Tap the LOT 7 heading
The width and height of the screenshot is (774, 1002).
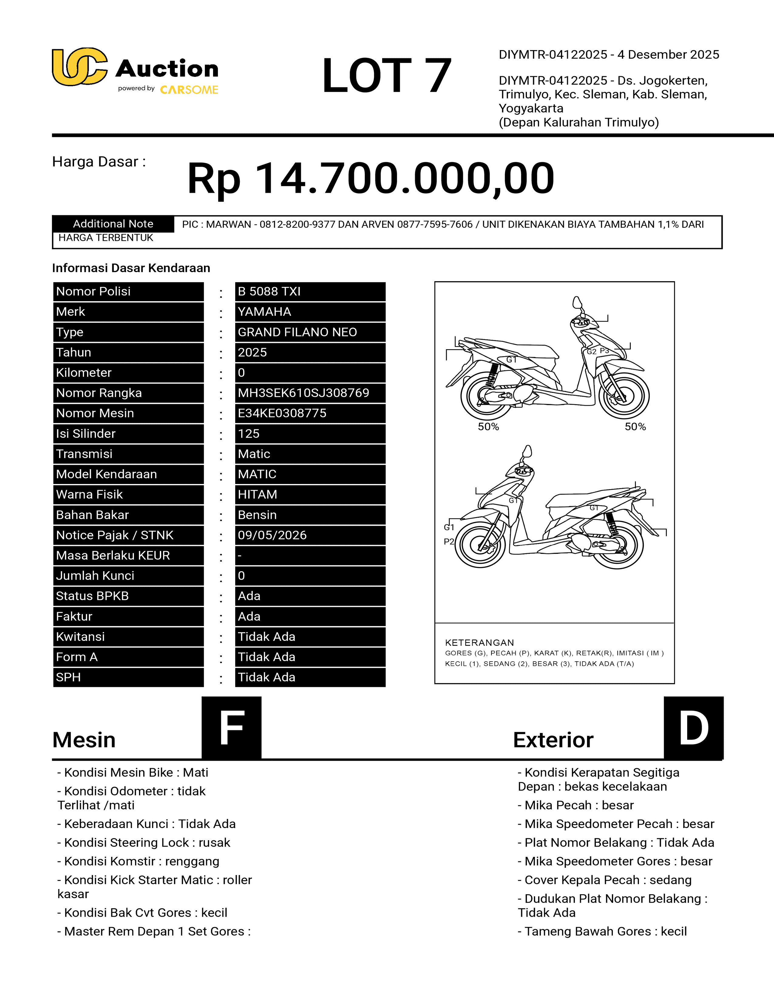tap(386, 76)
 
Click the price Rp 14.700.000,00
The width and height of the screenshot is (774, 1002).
tap(371, 178)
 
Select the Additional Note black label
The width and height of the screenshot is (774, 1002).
tap(113, 224)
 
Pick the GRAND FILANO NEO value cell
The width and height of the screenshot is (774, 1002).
tap(310, 332)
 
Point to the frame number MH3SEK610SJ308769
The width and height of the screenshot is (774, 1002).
tap(310, 393)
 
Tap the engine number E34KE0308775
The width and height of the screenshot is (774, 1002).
tap(310, 413)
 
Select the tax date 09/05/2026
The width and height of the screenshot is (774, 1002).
tap(310, 535)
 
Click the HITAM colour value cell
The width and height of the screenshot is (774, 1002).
tap(310, 495)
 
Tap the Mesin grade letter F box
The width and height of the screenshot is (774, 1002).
tap(232, 728)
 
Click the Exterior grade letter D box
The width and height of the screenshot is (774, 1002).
tap(693, 728)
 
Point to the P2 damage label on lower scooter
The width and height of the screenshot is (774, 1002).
tap(448, 542)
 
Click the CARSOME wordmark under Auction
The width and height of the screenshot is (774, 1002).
tap(189, 90)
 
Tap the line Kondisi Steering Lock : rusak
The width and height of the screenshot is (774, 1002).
tap(144, 843)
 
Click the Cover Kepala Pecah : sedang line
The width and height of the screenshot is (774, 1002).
tap(604, 880)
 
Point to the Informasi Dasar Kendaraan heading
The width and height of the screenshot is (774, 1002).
tap(131, 268)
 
